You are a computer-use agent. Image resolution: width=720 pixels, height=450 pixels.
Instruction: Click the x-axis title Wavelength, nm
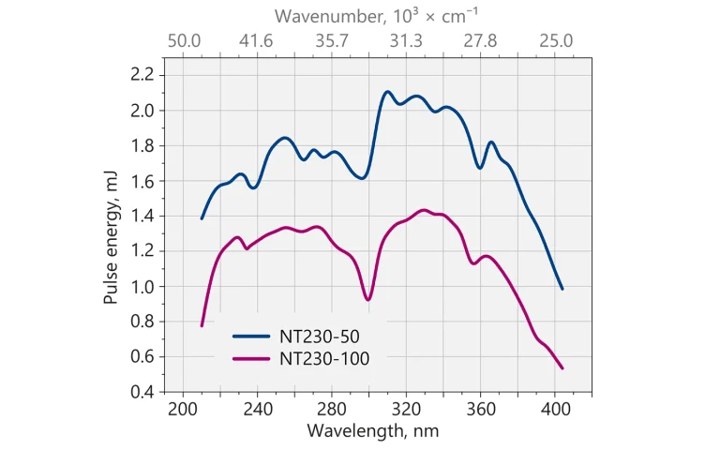click(372, 431)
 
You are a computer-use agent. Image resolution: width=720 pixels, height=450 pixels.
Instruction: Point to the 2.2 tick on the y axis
click(143, 75)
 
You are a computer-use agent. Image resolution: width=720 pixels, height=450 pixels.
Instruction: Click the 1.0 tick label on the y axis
click(143, 287)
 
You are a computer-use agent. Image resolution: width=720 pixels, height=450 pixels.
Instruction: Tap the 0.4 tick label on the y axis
click(143, 392)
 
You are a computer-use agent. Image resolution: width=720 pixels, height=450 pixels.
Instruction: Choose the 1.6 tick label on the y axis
click(143, 181)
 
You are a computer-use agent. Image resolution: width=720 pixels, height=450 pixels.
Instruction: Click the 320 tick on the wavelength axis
click(406, 410)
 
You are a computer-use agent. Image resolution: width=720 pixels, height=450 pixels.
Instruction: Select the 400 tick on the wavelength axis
click(555, 410)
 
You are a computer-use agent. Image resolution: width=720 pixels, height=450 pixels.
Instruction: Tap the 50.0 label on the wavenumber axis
click(184, 41)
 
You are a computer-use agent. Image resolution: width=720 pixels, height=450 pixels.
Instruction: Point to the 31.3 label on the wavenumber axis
click(406, 41)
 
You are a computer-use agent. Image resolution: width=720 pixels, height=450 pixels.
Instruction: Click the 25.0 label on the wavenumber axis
click(555, 41)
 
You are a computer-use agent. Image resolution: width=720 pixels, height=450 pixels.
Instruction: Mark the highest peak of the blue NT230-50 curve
click(387, 91)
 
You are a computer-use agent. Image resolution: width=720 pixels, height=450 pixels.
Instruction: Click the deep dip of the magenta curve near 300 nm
click(368, 300)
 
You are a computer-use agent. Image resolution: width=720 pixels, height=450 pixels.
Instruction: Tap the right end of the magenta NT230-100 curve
click(562, 368)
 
